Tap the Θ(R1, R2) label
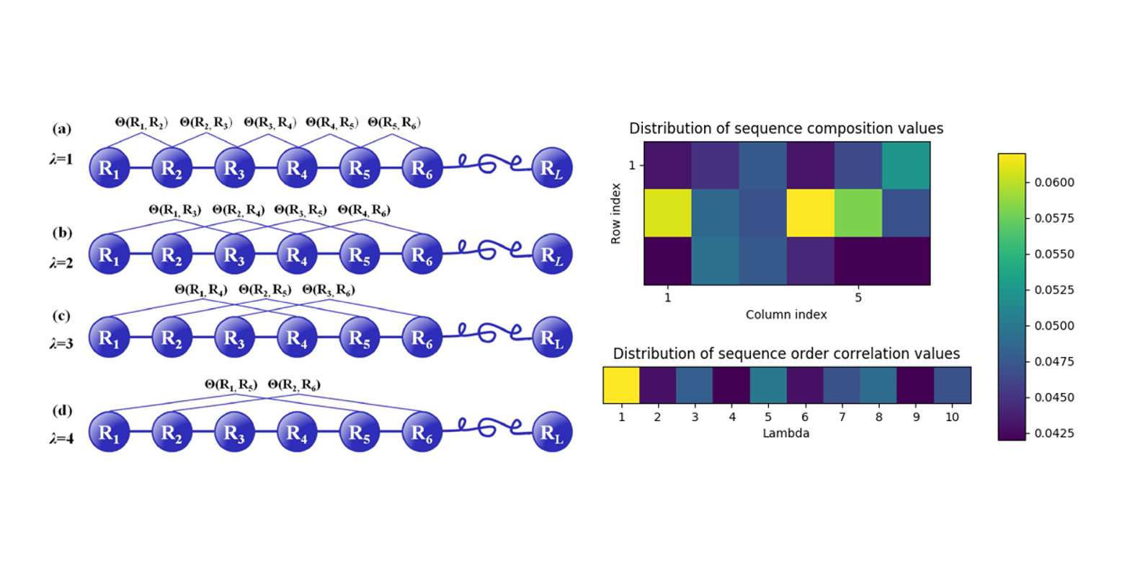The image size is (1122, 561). (141, 123)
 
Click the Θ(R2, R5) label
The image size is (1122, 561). (265, 290)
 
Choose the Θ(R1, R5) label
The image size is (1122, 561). (231, 384)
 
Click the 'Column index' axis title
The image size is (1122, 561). (786, 314)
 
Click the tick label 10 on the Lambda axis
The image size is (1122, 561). (952, 416)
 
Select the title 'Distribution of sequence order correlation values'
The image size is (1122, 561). (786, 354)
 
